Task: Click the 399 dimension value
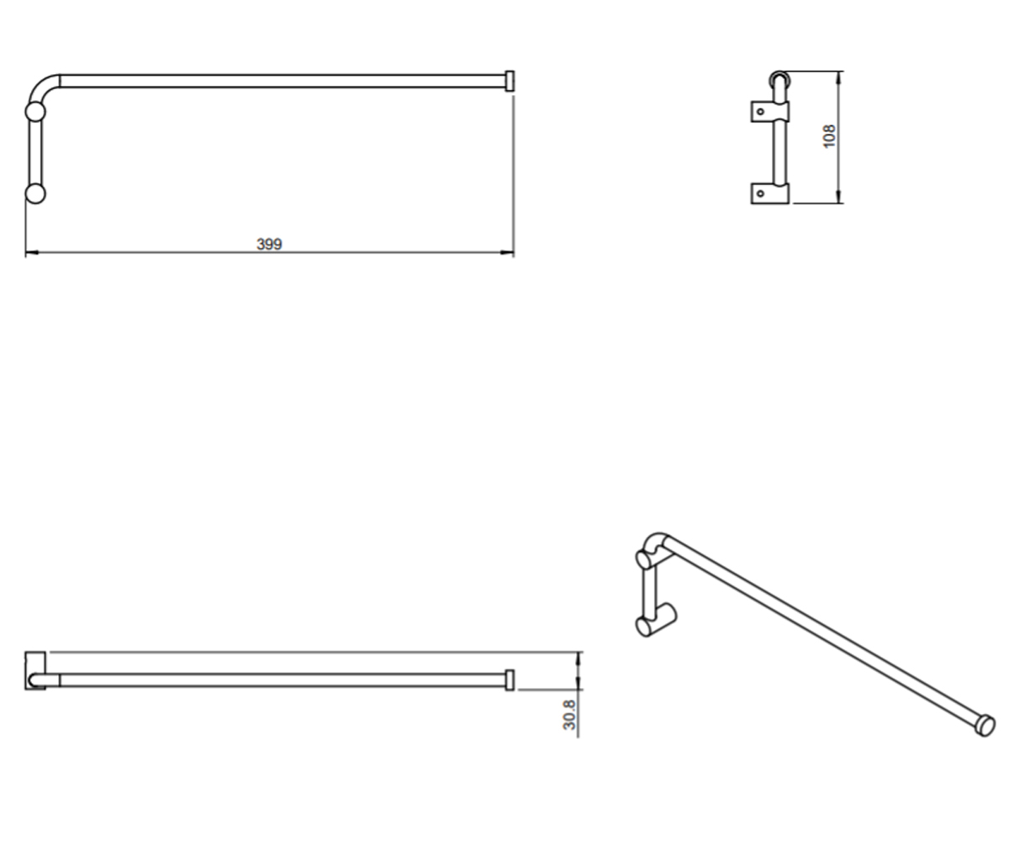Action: pyautogui.click(x=269, y=244)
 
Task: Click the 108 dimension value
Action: pyautogui.click(x=829, y=136)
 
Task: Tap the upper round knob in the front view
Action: pyautogui.click(x=35, y=112)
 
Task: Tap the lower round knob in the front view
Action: pyautogui.click(x=35, y=193)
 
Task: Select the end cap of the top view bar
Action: pyautogui.click(x=510, y=82)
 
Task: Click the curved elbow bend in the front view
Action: pyautogui.click(x=40, y=86)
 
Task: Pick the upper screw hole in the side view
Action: pyautogui.click(x=760, y=112)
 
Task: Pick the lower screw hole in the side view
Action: pyautogui.click(x=760, y=193)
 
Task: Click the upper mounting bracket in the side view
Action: pyautogui.click(x=770, y=112)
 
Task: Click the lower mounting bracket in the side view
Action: pyautogui.click(x=770, y=193)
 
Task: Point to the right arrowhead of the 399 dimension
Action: pyautogui.click(x=507, y=251)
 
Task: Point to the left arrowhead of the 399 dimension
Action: pyautogui.click(x=32, y=251)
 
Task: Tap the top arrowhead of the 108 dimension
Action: pyautogui.click(x=838, y=78)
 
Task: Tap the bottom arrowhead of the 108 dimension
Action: pyautogui.click(x=838, y=196)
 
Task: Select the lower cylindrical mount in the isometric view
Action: pyautogui.click(x=656, y=621)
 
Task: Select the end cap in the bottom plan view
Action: pyautogui.click(x=510, y=680)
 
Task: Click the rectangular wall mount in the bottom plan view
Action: pyautogui.click(x=35, y=671)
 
